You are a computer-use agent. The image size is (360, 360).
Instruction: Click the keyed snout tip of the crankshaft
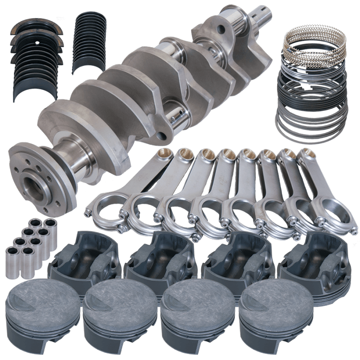pyautogui.click(x=262, y=13)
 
